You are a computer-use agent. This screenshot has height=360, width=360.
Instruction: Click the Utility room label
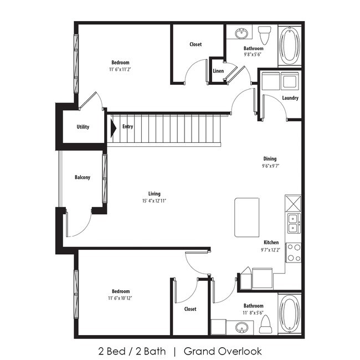83,127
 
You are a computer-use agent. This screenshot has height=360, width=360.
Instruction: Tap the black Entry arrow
113,128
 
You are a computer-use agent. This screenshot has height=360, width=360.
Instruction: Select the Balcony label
83,178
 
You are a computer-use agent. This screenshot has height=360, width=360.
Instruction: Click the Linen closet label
218,71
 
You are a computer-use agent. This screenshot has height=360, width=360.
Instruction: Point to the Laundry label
290,98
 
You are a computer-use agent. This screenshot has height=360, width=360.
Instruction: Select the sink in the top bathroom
241,34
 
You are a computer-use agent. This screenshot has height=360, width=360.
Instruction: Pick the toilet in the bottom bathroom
265,323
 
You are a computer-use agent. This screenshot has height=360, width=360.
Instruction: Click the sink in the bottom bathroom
241,327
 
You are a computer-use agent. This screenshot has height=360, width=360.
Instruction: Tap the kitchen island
246,217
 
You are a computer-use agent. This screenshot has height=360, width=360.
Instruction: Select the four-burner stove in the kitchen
293,253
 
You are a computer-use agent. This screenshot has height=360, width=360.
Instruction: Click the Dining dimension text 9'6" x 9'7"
269,166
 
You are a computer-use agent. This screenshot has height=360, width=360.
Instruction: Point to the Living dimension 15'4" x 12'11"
154,201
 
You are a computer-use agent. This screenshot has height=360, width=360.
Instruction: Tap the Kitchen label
271,243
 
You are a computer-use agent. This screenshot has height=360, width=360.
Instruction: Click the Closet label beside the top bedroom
196,44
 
